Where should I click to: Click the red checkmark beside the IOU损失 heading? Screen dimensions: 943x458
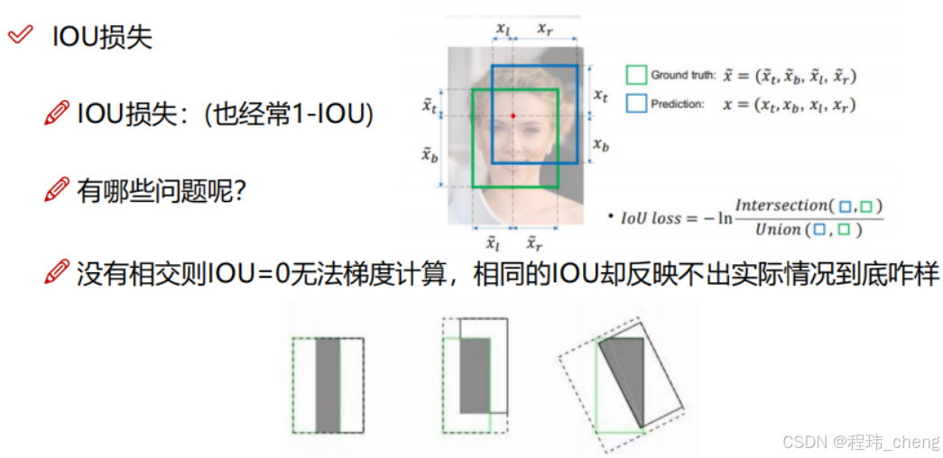click(x=19, y=37)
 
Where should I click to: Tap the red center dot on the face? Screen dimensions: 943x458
click(x=513, y=115)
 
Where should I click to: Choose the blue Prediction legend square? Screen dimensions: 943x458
click(x=636, y=104)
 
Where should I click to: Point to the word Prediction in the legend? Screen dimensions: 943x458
click(x=677, y=105)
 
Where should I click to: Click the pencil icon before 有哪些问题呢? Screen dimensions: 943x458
click(x=57, y=192)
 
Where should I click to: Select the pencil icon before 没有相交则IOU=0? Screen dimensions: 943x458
click(x=57, y=271)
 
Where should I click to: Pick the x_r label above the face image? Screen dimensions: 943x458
click(x=545, y=29)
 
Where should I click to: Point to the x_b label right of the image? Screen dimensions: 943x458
click(x=600, y=144)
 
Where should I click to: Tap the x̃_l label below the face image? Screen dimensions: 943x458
click(x=493, y=243)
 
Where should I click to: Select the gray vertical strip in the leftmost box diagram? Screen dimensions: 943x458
click(x=327, y=385)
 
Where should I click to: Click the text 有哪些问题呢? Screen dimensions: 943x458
click(x=163, y=192)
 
